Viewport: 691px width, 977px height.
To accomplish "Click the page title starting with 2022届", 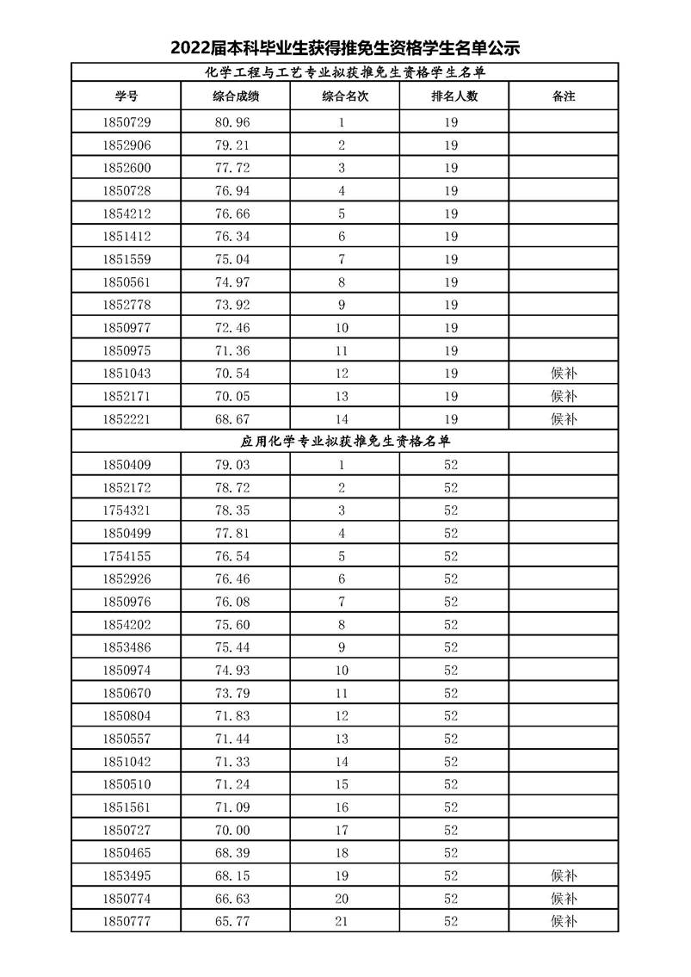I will (x=345, y=47).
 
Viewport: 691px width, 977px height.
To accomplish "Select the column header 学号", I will (x=126, y=96).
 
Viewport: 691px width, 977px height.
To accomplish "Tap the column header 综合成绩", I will (x=236, y=96).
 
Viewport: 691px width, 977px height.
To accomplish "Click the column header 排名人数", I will (x=453, y=96).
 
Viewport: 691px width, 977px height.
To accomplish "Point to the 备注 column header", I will (x=563, y=96).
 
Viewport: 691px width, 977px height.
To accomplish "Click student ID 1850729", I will (x=126, y=122).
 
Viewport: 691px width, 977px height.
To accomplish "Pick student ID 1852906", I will (x=126, y=145).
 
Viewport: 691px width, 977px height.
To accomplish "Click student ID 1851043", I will (x=126, y=374).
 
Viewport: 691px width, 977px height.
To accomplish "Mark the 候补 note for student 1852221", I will (x=563, y=419).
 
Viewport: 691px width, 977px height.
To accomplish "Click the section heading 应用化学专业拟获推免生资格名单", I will (x=345, y=442).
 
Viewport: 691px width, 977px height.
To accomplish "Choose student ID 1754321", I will (x=126, y=510).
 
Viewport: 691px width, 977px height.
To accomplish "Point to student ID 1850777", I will (x=126, y=922).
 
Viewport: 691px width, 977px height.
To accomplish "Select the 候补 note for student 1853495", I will (x=563, y=876).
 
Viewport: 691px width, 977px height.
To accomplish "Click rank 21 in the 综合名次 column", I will (x=342, y=922).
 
